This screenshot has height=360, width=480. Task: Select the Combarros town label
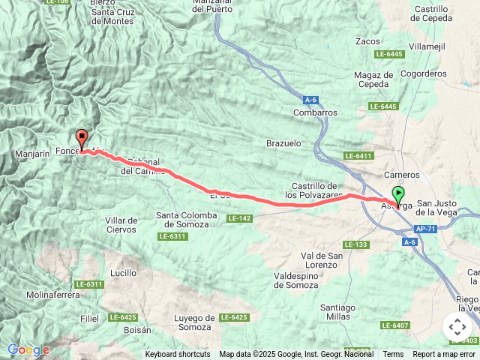315,112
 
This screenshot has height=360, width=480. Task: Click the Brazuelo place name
283,142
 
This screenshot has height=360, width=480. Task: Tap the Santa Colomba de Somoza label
187,220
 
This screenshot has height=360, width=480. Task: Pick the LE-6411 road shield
358,155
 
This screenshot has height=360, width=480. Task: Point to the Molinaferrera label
52,295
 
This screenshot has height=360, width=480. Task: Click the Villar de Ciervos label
121,225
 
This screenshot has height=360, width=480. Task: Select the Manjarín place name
31,154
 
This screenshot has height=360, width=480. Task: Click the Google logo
28,349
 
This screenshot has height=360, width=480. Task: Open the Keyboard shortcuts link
178,354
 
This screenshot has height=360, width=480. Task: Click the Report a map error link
444,354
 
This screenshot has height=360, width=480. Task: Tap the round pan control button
457,326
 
